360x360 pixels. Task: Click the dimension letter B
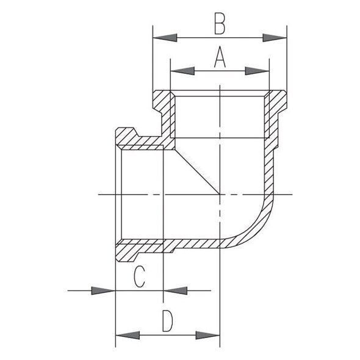pos(220,24)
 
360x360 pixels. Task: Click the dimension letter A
pos(220,57)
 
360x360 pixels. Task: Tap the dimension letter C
pos(139,276)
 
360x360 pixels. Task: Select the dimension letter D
pos(167,321)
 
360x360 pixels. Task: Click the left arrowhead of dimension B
pos(165,38)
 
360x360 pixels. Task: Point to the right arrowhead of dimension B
pos(275,38)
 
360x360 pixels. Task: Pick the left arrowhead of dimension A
pos(182,71)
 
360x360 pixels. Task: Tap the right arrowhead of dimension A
pos(257,71)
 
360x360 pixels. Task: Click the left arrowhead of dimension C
pos(103,290)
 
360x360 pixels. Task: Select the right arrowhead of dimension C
pos(175,290)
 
